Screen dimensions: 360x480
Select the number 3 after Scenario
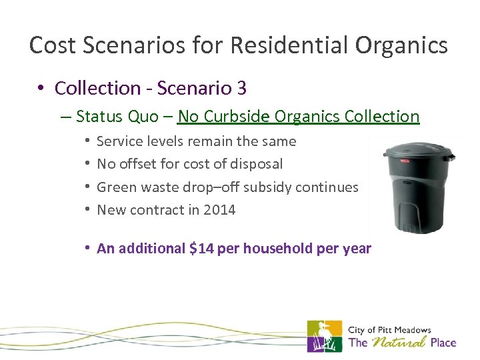point(242,88)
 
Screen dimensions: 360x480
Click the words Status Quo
point(116,117)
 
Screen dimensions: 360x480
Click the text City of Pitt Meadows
point(389,329)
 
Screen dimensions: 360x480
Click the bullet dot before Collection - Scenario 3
point(41,88)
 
